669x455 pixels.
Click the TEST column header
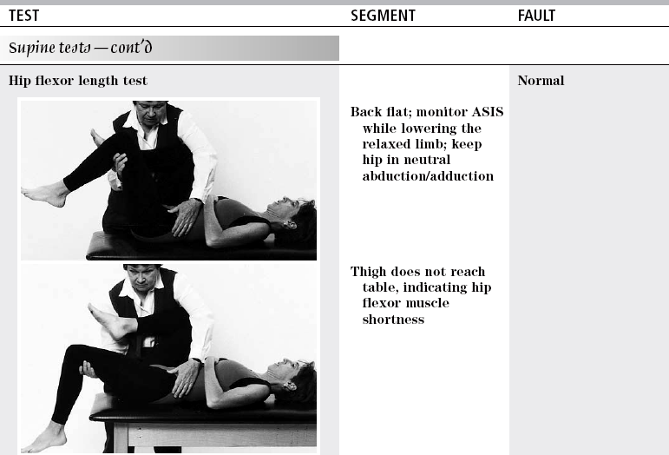click(x=24, y=16)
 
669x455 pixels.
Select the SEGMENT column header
click(x=383, y=16)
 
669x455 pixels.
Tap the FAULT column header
click(x=536, y=16)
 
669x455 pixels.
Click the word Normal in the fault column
click(x=541, y=81)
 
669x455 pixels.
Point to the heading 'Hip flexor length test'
click(x=78, y=81)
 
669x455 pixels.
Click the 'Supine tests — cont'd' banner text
click(x=80, y=48)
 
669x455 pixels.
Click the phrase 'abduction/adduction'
click(x=428, y=176)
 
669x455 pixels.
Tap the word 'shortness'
click(x=393, y=320)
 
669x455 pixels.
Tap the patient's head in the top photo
click(x=293, y=214)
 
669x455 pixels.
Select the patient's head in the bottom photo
click(x=294, y=378)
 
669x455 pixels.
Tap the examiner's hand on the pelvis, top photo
click(x=185, y=216)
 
